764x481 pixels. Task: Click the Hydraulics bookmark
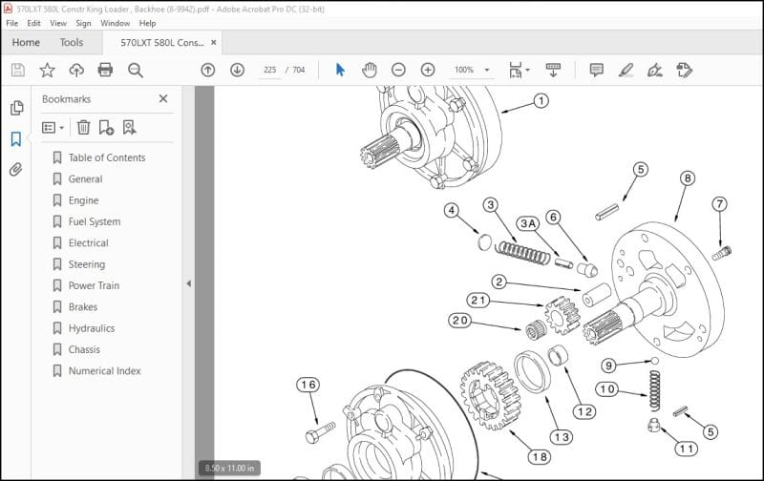tap(92, 328)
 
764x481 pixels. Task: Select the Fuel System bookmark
tap(94, 221)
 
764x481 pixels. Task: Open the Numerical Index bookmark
tap(104, 371)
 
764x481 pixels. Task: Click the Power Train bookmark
tap(94, 285)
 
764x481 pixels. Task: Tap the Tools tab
tap(72, 42)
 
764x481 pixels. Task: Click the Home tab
tap(26, 42)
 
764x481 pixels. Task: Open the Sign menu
tap(85, 23)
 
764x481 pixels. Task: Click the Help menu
tap(147, 23)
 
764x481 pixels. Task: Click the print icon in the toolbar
tap(106, 70)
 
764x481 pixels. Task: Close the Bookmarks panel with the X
tap(163, 98)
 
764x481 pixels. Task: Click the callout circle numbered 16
tap(307, 385)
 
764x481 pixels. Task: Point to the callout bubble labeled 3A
tap(528, 223)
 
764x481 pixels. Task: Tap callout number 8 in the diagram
tap(688, 178)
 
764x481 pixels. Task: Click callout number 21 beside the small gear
tap(477, 301)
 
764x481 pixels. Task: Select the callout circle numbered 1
tap(541, 100)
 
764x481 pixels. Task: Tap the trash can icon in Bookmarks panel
tap(83, 127)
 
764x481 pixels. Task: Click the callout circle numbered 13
tap(561, 436)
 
